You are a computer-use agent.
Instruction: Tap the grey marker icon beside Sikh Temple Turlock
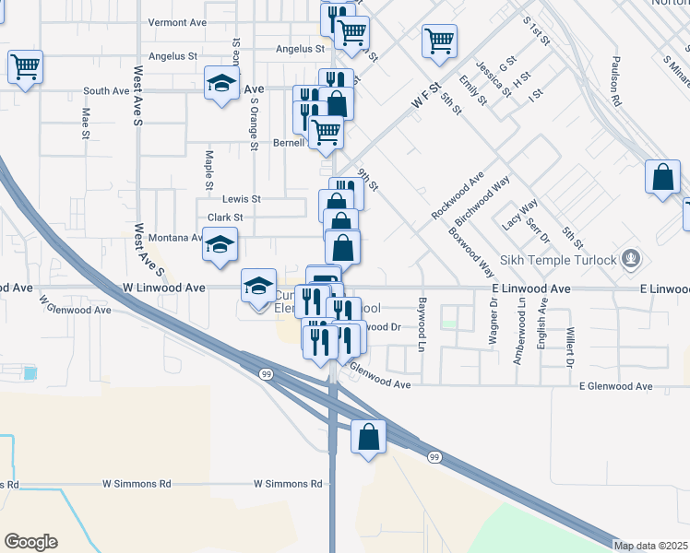631,258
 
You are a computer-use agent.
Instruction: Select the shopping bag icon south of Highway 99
368,438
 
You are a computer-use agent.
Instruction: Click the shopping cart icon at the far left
26,66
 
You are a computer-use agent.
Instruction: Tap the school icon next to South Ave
221,85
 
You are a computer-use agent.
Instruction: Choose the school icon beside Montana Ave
220,246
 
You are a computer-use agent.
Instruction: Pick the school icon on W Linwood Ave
258,286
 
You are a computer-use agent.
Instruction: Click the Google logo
30,542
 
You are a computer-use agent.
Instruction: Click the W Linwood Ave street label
163,288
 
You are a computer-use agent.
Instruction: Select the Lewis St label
242,198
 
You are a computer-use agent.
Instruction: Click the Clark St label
225,218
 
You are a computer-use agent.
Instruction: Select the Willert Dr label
571,343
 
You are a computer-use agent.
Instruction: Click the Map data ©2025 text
650,546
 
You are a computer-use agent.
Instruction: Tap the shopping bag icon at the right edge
663,177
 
